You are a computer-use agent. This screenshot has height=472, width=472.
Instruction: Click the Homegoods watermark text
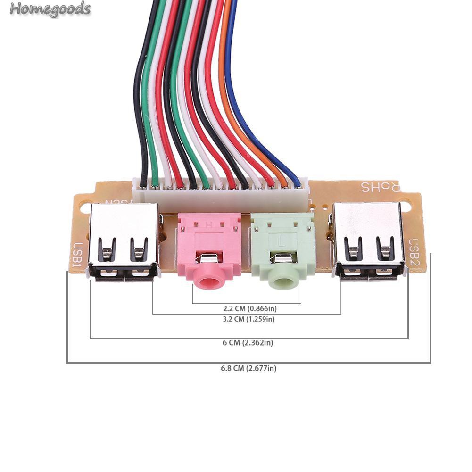[50, 9]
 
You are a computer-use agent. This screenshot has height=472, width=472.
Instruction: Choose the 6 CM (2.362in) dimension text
[248, 343]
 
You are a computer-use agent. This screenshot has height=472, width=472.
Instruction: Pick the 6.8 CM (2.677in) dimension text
[248, 368]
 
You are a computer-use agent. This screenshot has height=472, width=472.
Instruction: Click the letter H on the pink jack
[209, 225]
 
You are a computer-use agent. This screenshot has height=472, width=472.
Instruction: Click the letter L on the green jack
[282, 242]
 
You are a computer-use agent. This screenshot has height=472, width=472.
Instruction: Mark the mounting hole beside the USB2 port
[408, 206]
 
